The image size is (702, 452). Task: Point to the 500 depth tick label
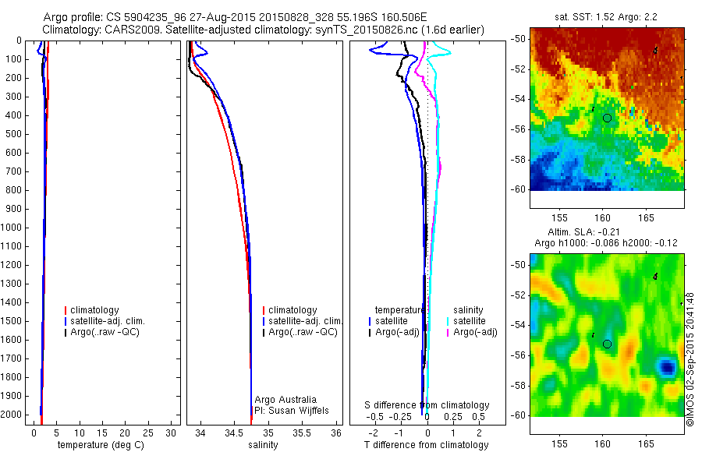coord(14,134)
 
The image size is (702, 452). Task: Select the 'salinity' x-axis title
coord(263,445)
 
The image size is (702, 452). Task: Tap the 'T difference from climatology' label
coord(426,445)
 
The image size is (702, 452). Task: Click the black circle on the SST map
coord(607,118)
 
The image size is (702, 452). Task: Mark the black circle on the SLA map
coord(607,344)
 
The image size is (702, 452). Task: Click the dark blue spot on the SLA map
coord(665,365)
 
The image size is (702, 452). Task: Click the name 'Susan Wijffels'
coord(298,410)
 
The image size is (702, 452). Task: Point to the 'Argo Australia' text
coord(285,400)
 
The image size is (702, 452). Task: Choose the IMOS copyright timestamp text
coord(690,359)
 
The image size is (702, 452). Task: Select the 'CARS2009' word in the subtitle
coord(127,30)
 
